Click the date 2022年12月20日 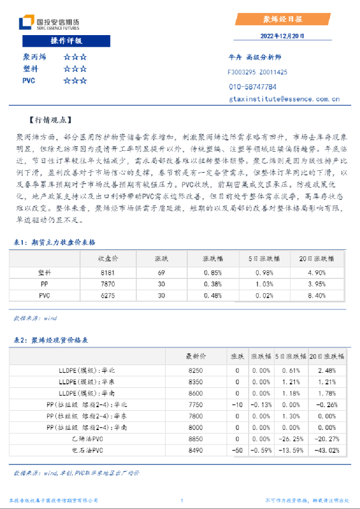pyautogui.click(x=282, y=36)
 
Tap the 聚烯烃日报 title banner pyautogui.click(x=282, y=19)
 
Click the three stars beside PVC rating pyautogui.click(x=76, y=81)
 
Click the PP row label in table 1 pyautogui.click(x=44, y=284)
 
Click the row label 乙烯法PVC pyautogui.click(x=88, y=438)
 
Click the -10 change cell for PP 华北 pyautogui.click(x=237, y=404)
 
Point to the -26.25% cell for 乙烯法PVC pyautogui.click(x=291, y=438)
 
